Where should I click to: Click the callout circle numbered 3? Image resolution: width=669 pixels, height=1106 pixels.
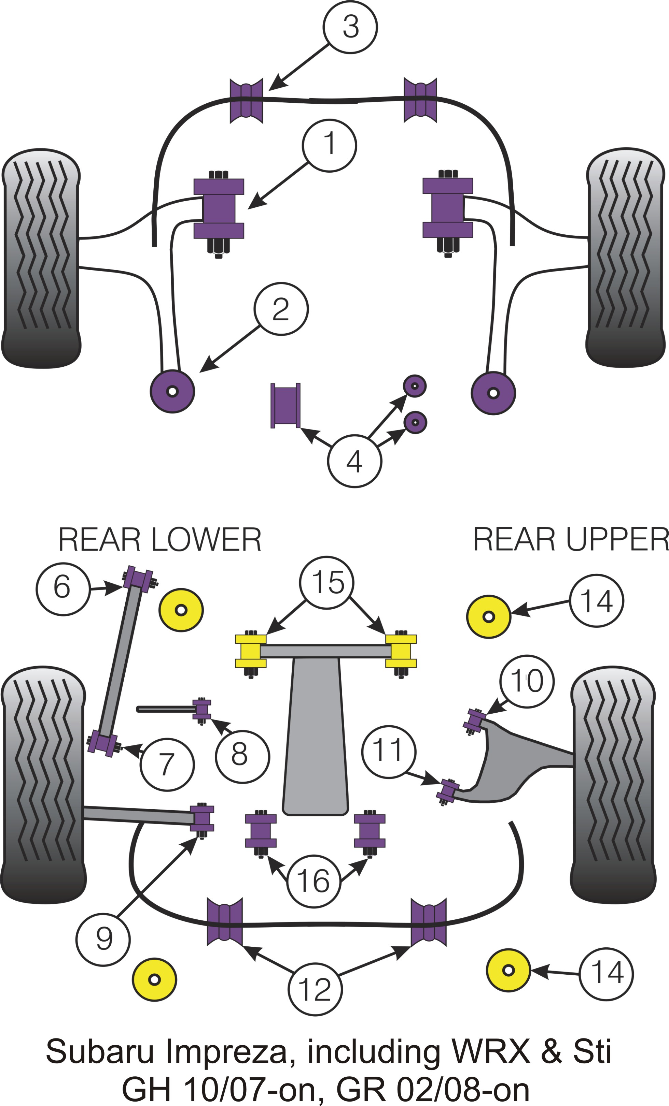(350, 27)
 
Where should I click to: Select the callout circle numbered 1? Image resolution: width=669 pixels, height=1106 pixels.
(329, 145)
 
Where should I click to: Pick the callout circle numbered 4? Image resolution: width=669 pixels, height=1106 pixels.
(354, 461)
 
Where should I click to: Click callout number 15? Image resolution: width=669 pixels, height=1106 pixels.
(326, 583)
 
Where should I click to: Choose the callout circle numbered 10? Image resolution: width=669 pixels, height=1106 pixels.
(527, 681)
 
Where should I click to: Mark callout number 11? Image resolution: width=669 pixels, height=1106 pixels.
(388, 752)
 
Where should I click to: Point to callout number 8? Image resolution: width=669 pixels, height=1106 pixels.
(242, 756)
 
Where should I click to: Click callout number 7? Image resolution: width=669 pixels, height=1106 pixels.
(167, 765)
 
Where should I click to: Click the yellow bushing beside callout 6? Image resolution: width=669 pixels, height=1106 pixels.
(181, 610)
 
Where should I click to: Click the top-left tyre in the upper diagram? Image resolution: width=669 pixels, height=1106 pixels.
(41, 258)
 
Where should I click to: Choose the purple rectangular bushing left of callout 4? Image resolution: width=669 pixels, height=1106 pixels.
(285, 405)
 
